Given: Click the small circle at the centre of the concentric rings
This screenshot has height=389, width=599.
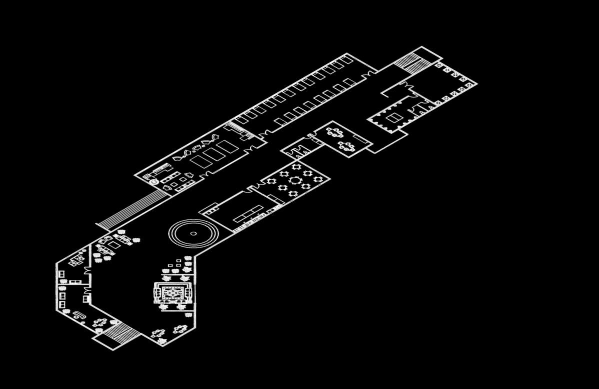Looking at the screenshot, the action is pos(193,233).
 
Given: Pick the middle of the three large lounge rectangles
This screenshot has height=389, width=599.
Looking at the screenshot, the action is pos(214,153).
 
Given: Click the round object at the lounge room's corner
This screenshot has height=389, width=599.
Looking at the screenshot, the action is pos(154,182).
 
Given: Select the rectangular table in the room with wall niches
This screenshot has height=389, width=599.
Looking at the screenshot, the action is pos(394,118).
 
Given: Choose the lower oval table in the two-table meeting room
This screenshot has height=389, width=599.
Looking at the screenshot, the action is pos(346,146).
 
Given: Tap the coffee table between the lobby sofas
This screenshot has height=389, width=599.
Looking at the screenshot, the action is pos(114,245).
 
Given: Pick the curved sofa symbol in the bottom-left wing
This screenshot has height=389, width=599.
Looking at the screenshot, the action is pos(78,315).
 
